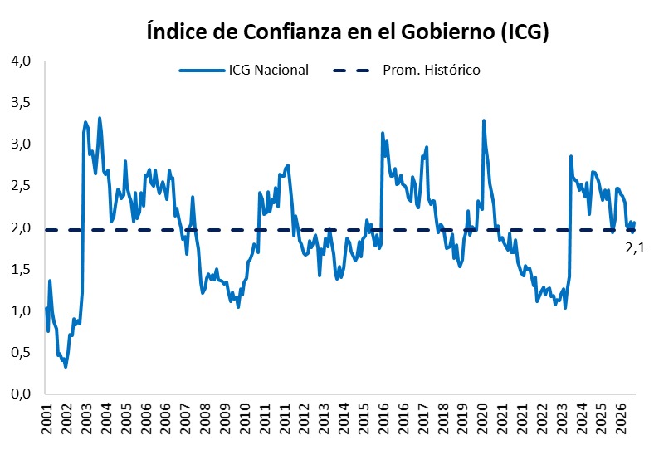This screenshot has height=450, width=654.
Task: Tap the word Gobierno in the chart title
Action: [x=448, y=32]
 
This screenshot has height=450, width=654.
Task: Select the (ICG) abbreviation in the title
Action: [x=525, y=32]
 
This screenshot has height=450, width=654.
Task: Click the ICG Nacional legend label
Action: [x=269, y=70]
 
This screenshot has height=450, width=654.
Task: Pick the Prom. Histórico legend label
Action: [x=432, y=70]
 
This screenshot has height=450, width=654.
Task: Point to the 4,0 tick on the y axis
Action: [x=21, y=61]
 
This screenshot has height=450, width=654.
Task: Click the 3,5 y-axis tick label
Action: [x=21, y=103]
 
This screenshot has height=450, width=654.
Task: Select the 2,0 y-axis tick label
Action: [x=21, y=228]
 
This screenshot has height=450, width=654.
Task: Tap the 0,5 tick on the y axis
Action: [x=21, y=353]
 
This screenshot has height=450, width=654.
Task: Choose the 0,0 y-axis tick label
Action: [x=21, y=394]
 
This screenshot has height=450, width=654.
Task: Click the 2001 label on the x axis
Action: [x=48, y=418]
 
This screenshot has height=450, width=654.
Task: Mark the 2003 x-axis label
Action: [x=88, y=418]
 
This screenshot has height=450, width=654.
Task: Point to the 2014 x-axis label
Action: [x=344, y=418]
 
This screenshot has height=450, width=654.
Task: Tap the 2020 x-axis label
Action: [x=482, y=418]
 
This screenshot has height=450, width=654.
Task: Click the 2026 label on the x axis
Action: [x=622, y=418]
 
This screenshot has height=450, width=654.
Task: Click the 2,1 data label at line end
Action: [x=635, y=248]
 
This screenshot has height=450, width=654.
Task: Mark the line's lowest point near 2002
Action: [x=66, y=367]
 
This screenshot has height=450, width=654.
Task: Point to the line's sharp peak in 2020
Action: [x=484, y=120]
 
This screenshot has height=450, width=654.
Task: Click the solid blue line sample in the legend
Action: [x=202, y=71]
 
